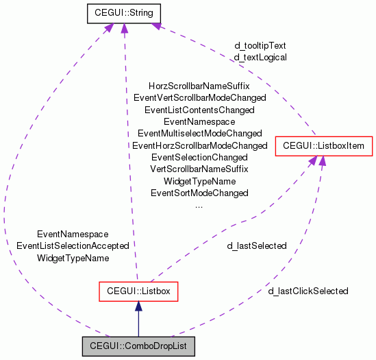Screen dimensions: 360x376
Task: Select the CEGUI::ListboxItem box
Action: [x=323, y=145]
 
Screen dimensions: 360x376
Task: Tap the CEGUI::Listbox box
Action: [x=138, y=291]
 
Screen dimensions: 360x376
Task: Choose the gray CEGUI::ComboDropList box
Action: [x=138, y=347]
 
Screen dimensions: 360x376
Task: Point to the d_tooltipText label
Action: [x=260, y=46]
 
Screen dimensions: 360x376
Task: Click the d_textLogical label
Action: [x=260, y=58]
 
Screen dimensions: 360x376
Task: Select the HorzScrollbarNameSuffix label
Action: [x=199, y=86]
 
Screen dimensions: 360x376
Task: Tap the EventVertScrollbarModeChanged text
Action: [x=199, y=98]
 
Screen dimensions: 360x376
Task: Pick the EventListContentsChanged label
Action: [x=199, y=110]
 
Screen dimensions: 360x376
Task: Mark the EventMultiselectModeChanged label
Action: [x=199, y=133]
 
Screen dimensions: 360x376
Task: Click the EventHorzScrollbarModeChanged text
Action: [x=199, y=145]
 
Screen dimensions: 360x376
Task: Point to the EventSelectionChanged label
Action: [x=199, y=157]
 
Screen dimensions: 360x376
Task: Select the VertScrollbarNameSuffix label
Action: [x=199, y=169]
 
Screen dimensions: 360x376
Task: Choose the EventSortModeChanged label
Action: [x=199, y=193]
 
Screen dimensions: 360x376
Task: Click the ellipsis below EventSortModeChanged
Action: [x=199, y=204]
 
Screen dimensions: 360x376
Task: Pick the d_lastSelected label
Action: [x=257, y=245]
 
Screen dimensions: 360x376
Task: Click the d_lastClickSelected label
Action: [x=308, y=291]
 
